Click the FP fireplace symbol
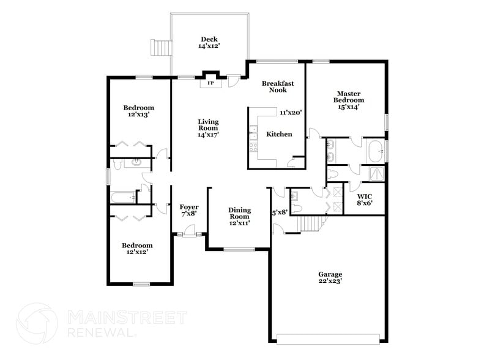coord(210,83)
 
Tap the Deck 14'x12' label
coord(209,42)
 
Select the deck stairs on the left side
coord(160,47)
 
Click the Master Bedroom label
coord(348,100)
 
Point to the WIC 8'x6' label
coord(365,200)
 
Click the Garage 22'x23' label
coord(330,277)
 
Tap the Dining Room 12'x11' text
coord(239,216)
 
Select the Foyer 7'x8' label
coord(189,210)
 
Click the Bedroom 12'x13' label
coord(138,111)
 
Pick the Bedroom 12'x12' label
coord(138,247)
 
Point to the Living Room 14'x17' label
coord(208,127)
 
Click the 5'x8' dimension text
coord(280,212)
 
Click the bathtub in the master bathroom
coord(374,148)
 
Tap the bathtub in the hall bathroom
coord(124,198)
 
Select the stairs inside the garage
coord(311,224)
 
